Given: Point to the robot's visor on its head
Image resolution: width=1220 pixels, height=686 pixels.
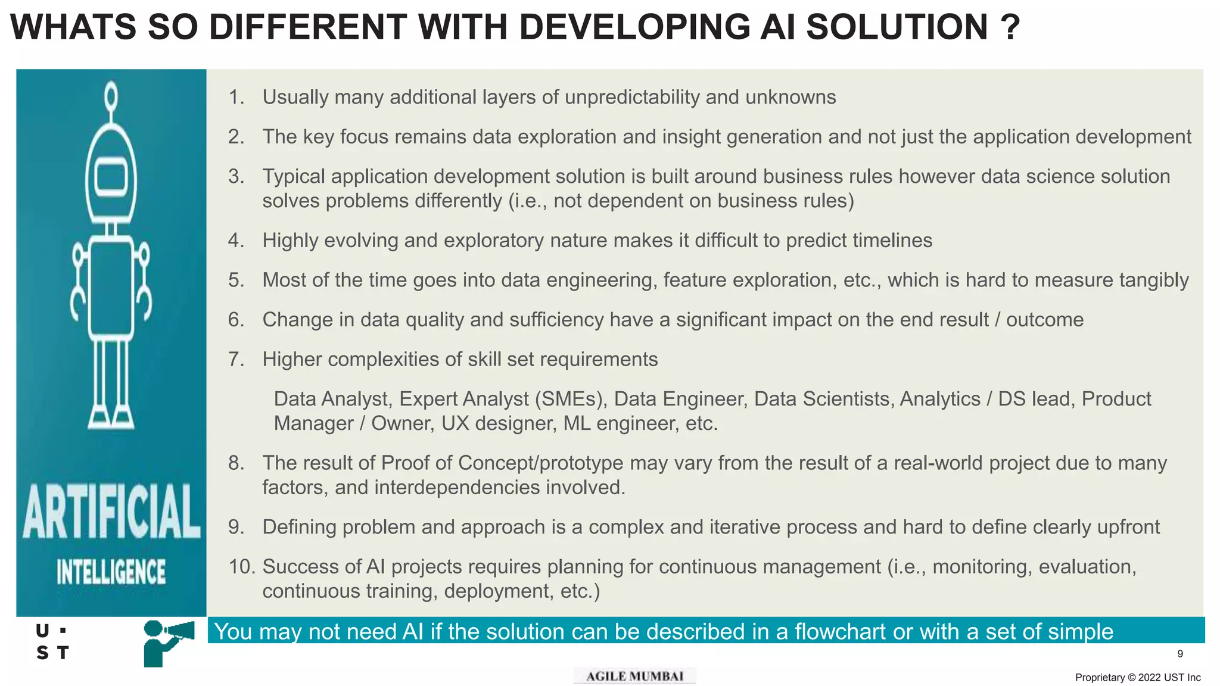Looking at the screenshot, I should (x=111, y=177).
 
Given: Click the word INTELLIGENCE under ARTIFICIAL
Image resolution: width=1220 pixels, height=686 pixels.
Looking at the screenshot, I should (x=111, y=572).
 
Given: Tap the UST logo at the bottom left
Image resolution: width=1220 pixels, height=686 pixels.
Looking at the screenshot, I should (x=52, y=642).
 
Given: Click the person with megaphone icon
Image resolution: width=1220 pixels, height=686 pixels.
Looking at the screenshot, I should (x=168, y=642).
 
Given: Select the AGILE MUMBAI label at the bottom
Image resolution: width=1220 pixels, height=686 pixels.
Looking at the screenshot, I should (x=634, y=676).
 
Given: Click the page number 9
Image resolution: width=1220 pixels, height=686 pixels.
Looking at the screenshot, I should (x=1180, y=654).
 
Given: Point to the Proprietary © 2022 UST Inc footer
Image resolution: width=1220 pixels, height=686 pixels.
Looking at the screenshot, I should (x=1138, y=678).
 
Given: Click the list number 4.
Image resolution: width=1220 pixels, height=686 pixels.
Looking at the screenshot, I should (x=236, y=241).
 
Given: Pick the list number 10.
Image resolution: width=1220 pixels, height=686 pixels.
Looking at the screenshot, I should (x=241, y=567).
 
